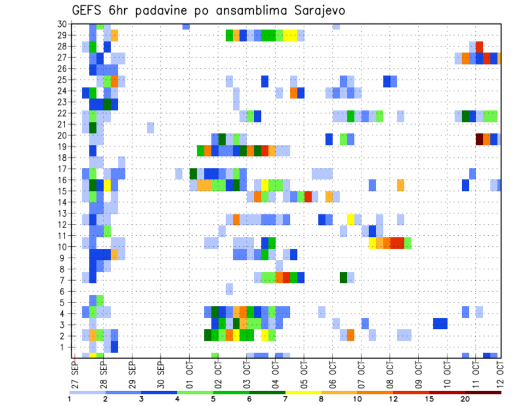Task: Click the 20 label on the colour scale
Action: click(465, 399)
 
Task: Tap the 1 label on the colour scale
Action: click(69, 399)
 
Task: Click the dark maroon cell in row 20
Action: click(479, 139)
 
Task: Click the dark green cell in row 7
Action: click(343, 277)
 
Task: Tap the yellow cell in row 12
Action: click(351, 219)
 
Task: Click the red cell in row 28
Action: click(479, 45)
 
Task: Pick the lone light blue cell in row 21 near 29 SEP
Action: click(150, 127)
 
